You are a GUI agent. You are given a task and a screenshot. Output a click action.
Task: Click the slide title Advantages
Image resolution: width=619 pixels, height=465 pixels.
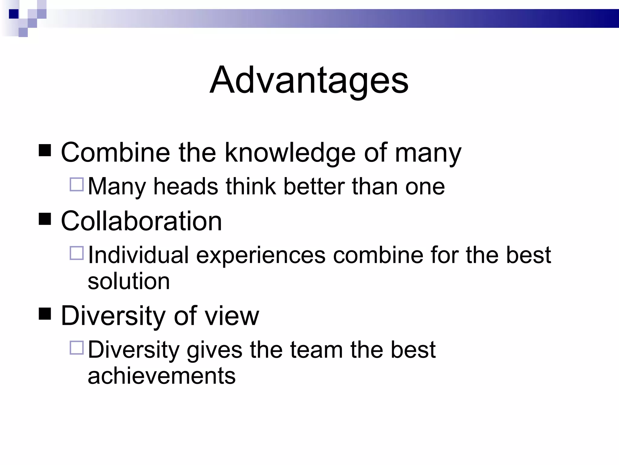(309, 81)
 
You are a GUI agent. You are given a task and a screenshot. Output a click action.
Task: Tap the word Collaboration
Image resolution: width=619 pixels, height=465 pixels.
(141, 221)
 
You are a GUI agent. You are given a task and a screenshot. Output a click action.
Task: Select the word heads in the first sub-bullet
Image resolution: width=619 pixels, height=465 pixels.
(186, 186)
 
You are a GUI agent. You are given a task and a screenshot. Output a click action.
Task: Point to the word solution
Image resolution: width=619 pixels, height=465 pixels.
(129, 281)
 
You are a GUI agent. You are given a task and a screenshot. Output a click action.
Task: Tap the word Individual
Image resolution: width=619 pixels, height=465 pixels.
(138, 255)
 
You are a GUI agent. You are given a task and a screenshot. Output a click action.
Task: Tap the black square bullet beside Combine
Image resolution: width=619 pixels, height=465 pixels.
(45, 150)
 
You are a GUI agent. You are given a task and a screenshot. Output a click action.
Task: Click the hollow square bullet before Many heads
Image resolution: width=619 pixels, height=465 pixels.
(77, 184)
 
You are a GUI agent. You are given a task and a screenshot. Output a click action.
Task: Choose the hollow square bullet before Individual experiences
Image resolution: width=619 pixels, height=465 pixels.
(77, 253)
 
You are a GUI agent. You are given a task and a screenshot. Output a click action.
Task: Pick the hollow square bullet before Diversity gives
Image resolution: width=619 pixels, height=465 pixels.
(77, 348)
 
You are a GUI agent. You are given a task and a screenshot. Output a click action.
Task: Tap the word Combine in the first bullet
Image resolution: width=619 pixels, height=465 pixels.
(115, 153)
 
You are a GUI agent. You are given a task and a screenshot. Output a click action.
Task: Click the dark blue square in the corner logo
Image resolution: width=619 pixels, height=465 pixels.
(14, 14)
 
